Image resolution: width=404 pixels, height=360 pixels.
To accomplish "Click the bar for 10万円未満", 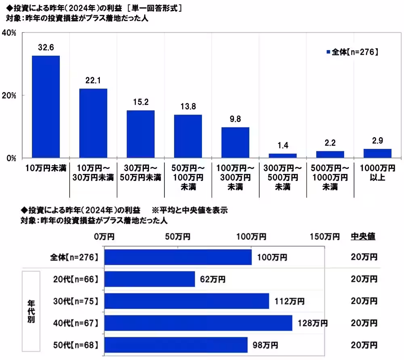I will (x=46, y=107).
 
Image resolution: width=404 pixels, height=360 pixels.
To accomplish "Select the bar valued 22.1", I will (x=93, y=123).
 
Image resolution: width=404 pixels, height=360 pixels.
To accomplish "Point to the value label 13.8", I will (x=188, y=107).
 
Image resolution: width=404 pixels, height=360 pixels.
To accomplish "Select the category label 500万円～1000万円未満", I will (x=330, y=177).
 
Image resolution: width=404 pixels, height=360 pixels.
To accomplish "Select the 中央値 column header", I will (x=362, y=237).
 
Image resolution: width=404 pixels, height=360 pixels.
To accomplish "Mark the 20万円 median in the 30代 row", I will (x=364, y=301).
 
